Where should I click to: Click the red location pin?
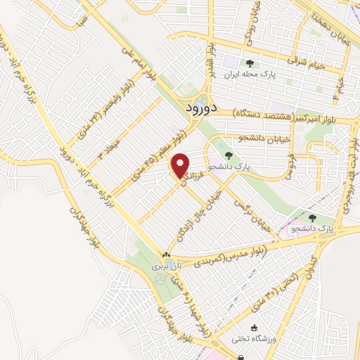pyautogui.click(x=181, y=165)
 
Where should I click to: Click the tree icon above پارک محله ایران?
pyautogui.click(x=250, y=63)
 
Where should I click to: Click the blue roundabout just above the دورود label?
pyautogui.click(x=202, y=99)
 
